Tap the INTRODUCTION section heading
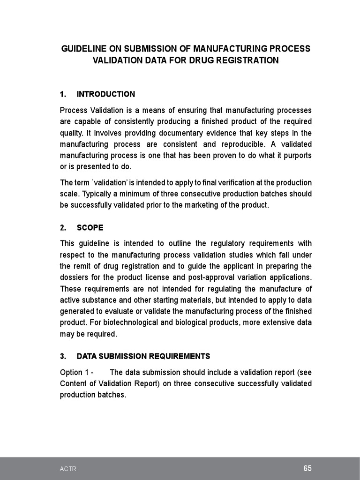tap(105, 94)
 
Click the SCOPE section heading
tap(90, 228)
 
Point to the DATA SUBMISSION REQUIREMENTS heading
tap(143, 356)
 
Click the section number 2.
tap(63, 228)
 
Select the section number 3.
tap(63, 356)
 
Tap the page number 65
tap(307, 468)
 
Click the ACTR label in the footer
tap(68, 469)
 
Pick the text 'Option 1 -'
tap(77, 373)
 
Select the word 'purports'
tap(296, 156)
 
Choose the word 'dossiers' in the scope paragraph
tap(75, 277)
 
